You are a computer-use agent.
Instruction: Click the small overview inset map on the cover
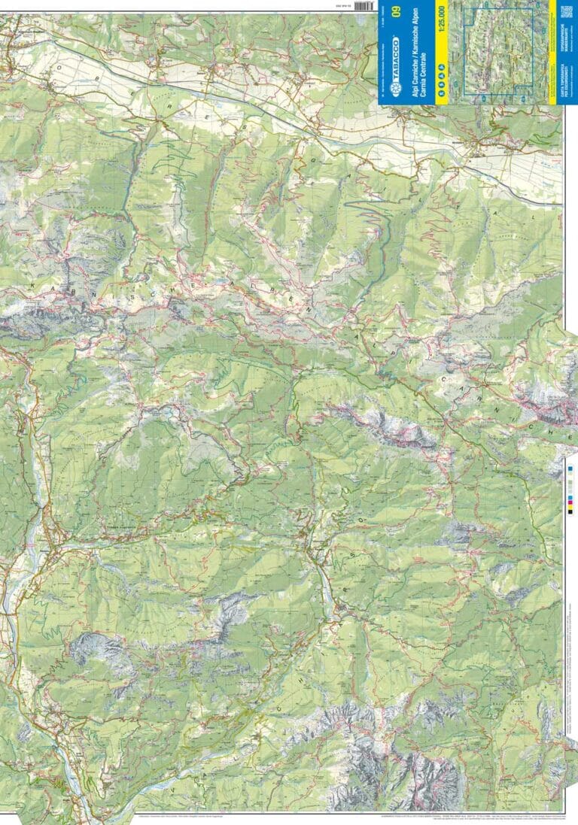pos(498,50)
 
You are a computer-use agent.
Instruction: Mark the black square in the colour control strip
pos(570,513)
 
